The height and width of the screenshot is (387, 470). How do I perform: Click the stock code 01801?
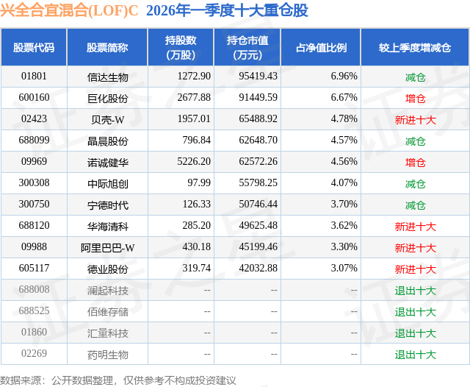[34, 77]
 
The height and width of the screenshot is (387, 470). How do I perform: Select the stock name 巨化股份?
[107, 98]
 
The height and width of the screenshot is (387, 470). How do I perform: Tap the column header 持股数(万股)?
[181, 47]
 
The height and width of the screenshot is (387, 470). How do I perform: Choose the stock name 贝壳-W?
[107, 119]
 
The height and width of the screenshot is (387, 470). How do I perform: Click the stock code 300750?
[34, 205]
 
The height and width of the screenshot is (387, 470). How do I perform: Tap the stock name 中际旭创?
[107, 183]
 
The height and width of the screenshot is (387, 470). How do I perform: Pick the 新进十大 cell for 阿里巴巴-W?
[415, 248]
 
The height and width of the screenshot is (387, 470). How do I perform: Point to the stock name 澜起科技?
[107, 291]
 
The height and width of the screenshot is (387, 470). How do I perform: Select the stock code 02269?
[34, 355]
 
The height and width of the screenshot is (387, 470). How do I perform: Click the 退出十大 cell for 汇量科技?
[415, 333]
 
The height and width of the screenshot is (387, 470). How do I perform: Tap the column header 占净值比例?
[321, 47]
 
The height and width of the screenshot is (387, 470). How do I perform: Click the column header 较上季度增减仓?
[415, 47]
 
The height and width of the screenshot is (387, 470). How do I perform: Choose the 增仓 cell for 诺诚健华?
[415, 162]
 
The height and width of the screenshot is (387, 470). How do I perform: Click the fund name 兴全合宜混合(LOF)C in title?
[70, 10]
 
